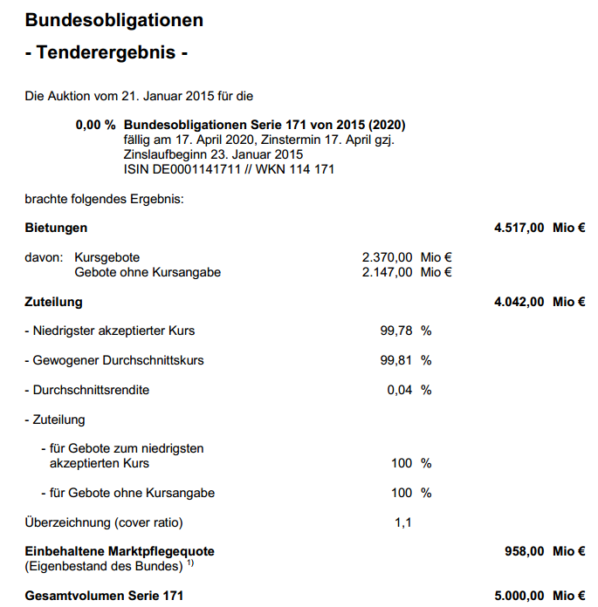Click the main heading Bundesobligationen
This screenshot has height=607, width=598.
[113, 20]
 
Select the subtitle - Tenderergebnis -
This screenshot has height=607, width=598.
[107, 52]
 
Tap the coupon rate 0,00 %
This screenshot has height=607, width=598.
[95, 126]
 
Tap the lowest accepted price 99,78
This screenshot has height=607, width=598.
[396, 331]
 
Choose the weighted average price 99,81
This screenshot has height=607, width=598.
[396, 360]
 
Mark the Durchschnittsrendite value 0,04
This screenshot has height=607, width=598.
[400, 390]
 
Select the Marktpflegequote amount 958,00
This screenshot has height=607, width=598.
[525, 551]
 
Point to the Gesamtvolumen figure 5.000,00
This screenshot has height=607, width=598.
[519, 596]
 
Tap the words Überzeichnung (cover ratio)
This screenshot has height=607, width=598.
[104, 522]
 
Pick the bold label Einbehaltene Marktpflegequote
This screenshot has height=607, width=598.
[120, 551]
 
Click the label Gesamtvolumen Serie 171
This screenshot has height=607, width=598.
[104, 596]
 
